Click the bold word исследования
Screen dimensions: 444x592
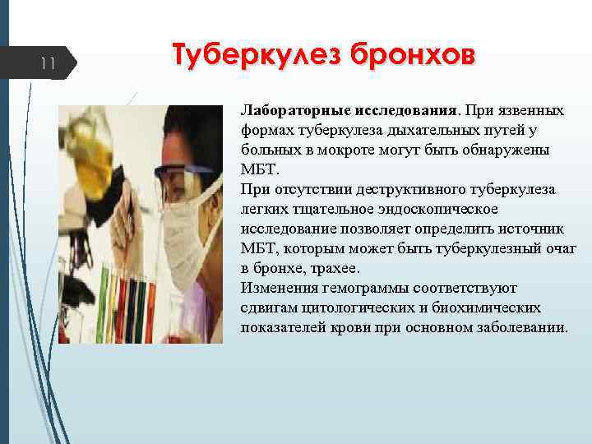405,110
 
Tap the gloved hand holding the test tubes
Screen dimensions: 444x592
185,321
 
